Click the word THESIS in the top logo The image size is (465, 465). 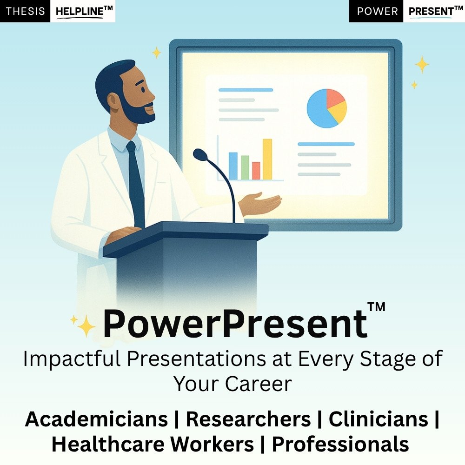coord(25,11)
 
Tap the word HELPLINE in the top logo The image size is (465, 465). coord(80,12)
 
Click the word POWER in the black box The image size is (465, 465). coord(377,11)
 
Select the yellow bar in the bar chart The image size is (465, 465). coord(267,159)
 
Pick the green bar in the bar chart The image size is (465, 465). coord(245,167)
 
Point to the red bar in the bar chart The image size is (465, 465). coord(256,171)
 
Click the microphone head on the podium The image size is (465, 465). coord(200,154)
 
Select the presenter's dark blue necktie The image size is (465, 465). coord(135,184)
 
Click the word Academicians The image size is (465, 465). coord(96,419)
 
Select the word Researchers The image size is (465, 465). coord(248,419)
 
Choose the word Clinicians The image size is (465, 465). coord(379,419)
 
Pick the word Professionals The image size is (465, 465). coord(340,444)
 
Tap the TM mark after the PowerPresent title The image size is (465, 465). coord(376,307)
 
